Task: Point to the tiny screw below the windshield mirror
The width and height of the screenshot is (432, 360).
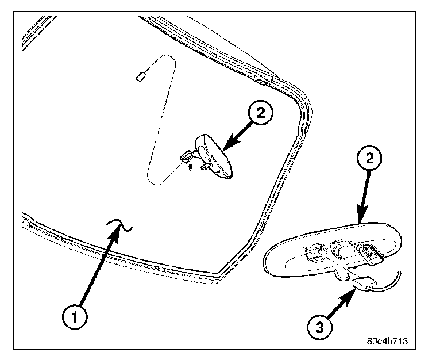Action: point(190,167)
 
